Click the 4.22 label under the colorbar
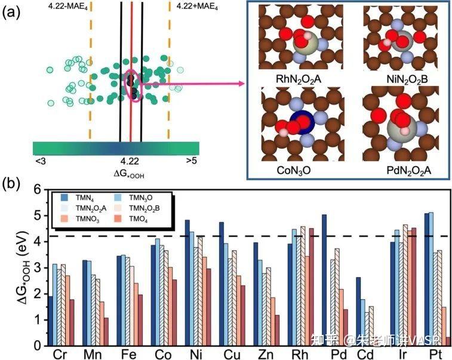click(130, 161)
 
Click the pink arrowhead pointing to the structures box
click(241, 85)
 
